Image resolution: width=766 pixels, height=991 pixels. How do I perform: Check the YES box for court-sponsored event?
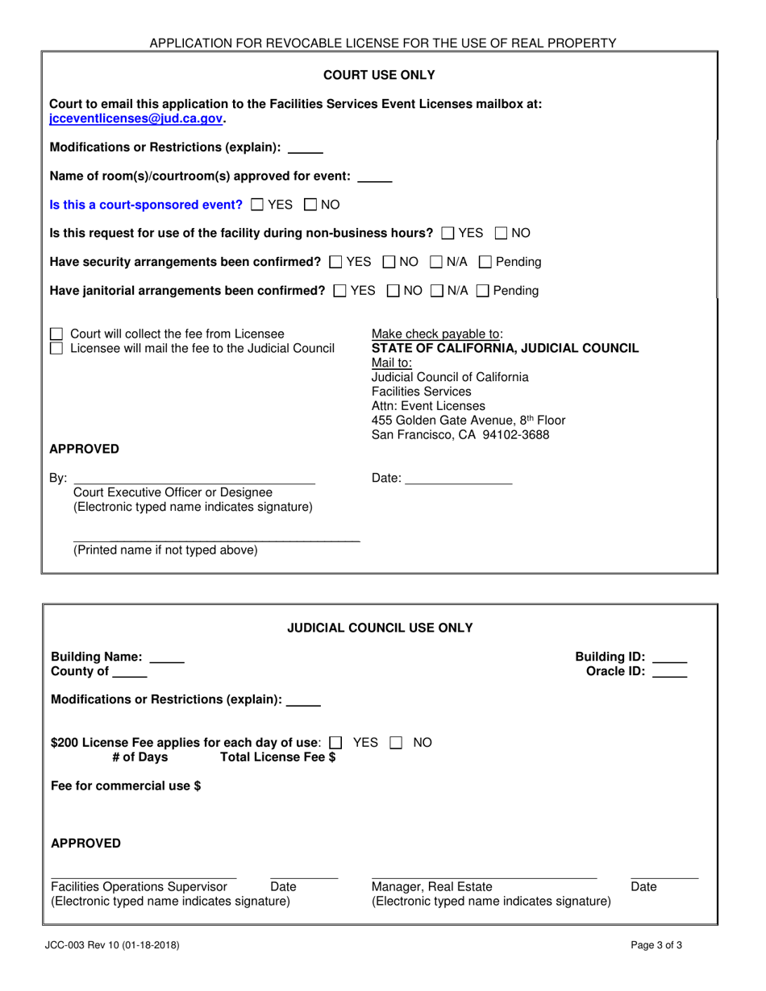point(256,205)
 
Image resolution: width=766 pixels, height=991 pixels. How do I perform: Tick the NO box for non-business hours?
point(502,233)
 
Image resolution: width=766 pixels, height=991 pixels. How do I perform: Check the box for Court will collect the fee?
point(56,334)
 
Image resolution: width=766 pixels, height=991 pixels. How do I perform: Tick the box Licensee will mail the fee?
point(56,348)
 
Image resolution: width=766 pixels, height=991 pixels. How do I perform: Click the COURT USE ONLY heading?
point(379,75)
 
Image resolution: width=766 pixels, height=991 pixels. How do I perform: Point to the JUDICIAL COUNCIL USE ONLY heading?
point(380,628)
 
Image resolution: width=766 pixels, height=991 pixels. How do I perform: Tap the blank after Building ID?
point(669,657)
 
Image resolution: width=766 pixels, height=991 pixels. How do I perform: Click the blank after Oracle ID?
point(669,671)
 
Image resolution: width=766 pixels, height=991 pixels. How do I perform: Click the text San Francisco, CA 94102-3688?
point(460,435)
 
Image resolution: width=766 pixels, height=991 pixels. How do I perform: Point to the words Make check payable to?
point(436,334)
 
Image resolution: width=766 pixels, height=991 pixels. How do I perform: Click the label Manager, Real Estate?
point(431,887)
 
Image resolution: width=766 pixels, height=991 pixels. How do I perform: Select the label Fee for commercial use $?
point(126,786)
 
